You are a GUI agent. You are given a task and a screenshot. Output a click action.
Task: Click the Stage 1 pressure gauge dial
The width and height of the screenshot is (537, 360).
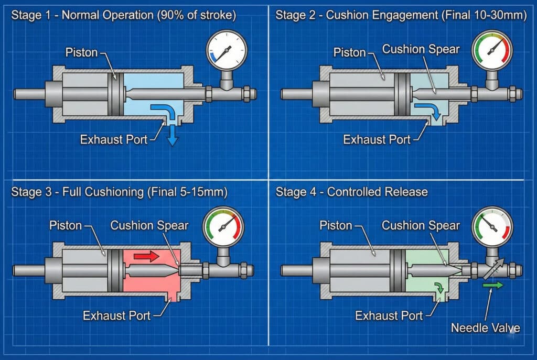pyautogui.click(x=227, y=50)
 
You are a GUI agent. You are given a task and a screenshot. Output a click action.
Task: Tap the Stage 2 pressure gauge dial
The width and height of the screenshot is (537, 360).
pyautogui.click(x=492, y=50)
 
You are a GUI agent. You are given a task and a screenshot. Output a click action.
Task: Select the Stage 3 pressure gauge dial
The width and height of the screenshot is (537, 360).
pyautogui.click(x=224, y=227)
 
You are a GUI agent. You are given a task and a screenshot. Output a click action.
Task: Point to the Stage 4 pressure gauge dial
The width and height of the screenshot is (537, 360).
pyautogui.click(x=492, y=226)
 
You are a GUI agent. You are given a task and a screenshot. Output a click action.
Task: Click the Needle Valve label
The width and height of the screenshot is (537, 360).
pyautogui.click(x=486, y=329)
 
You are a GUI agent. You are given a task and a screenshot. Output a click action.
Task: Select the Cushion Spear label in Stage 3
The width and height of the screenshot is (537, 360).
pyautogui.click(x=149, y=226)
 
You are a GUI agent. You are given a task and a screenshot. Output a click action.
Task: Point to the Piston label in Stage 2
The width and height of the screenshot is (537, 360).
pyautogui.click(x=350, y=52)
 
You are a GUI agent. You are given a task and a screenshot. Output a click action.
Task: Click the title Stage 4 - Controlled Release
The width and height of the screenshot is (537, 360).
pyautogui.click(x=351, y=192)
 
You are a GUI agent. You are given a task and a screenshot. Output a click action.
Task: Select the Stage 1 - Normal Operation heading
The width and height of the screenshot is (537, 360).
pyautogui.click(x=124, y=15)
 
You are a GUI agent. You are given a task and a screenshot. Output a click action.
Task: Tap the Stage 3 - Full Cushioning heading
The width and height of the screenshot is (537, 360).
pyautogui.click(x=119, y=192)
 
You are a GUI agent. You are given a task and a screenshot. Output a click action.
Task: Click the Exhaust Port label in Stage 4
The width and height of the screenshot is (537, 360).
pyautogui.click(x=389, y=316)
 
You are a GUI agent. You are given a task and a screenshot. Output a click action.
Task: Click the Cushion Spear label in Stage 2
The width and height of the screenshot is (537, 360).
pyautogui.click(x=421, y=49)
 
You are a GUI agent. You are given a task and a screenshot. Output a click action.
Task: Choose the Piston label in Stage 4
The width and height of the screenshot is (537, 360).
pyautogui.click(x=336, y=226)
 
